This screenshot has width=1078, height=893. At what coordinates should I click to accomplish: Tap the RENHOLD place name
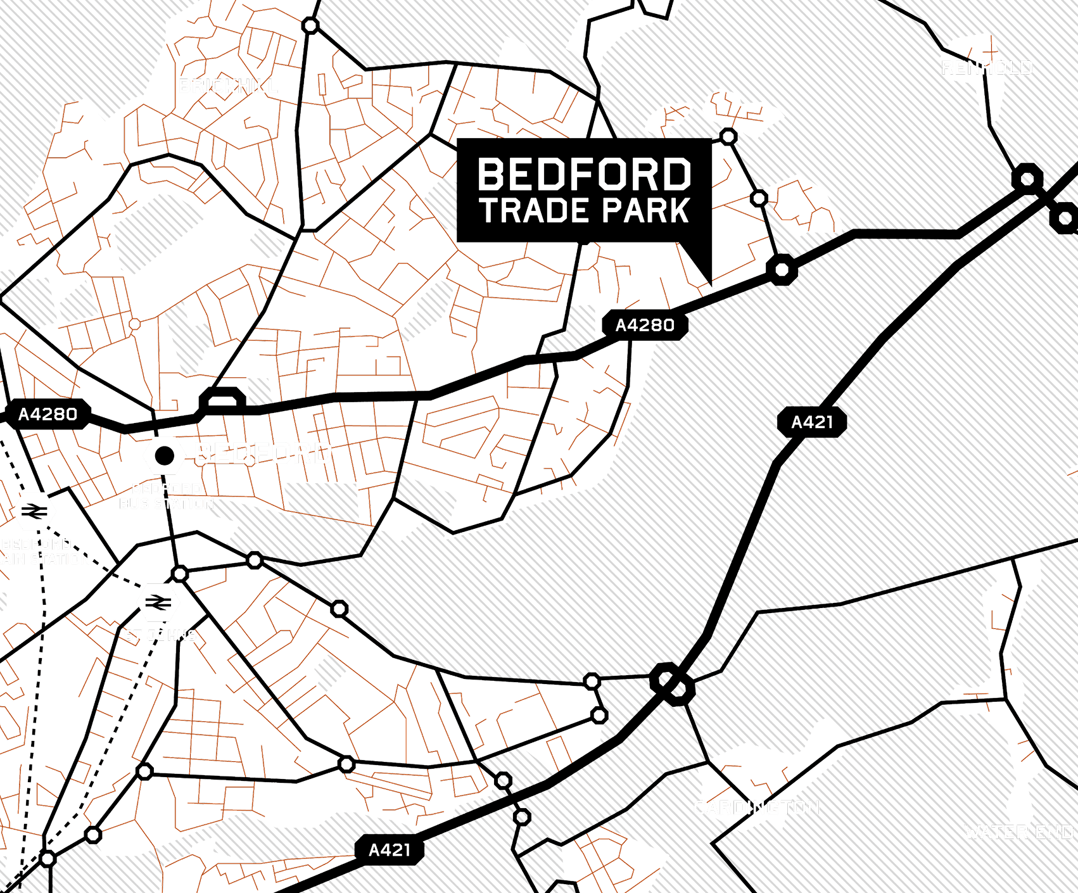tap(987, 68)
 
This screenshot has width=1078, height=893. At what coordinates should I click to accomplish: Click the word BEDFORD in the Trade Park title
tap(584, 175)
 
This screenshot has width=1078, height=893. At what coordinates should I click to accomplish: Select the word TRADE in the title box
tap(533, 211)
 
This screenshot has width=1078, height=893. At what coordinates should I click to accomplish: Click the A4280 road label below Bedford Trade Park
tap(645, 326)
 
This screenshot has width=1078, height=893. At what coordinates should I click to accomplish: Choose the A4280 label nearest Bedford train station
tap(48, 414)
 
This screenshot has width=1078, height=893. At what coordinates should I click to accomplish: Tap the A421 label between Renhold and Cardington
tap(812, 422)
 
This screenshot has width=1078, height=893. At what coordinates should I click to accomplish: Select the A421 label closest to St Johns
tap(390, 850)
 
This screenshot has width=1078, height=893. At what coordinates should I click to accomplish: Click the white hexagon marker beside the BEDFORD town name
tap(165, 455)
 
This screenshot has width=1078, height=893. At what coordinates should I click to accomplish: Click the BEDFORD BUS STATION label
tap(167, 497)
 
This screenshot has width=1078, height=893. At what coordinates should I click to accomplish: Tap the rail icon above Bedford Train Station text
tap(34, 511)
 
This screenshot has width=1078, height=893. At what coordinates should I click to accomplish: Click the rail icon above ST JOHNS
tap(158, 602)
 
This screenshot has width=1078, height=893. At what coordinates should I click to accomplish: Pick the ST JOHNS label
tap(160, 635)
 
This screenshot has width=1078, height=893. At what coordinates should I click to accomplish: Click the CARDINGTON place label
tap(756, 807)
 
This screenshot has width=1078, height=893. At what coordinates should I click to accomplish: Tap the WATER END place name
tap(1018, 832)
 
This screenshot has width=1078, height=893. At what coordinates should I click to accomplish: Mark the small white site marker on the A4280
tap(711, 286)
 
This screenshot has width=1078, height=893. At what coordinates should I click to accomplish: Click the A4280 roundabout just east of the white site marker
tap(782, 270)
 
